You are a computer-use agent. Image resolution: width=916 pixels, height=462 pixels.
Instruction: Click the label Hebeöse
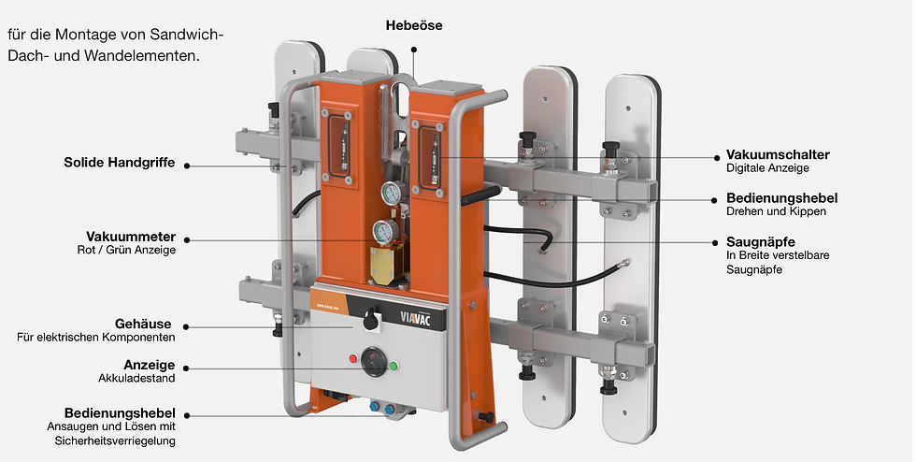(x=413, y=26)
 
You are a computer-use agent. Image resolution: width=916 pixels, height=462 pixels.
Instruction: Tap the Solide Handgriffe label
(x=120, y=163)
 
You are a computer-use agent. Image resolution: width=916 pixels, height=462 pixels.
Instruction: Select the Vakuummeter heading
(x=131, y=237)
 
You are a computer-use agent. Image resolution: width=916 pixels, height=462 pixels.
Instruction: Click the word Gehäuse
(x=143, y=324)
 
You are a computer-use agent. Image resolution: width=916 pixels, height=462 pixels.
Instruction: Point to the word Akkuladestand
(x=136, y=379)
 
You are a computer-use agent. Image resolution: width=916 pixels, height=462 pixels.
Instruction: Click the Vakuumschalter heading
(x=778, y=155)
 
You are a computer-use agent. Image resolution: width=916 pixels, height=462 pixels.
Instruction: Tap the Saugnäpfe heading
(x=761, y=242)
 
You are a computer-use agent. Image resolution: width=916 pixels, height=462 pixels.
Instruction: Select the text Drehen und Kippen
(x=776, y=211)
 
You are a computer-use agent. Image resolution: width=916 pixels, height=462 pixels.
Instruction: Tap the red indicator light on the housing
(x=353, y=358)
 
